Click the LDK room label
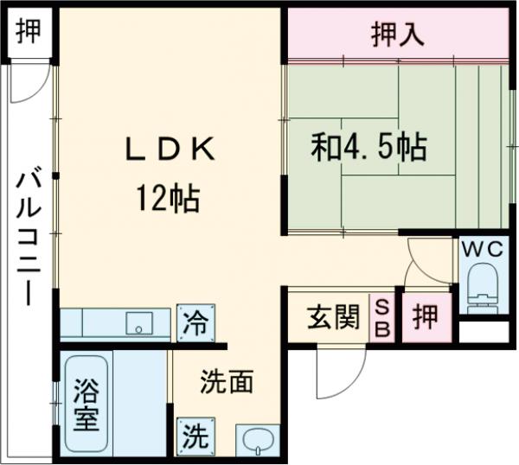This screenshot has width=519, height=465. click(169, 150)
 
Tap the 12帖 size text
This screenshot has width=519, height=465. click(167, 200)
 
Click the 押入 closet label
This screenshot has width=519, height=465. click(397, 35)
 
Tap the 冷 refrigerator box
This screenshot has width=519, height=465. click(195, 323)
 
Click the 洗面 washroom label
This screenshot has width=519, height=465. click(227, 382)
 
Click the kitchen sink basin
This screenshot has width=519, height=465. click(138, 325)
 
